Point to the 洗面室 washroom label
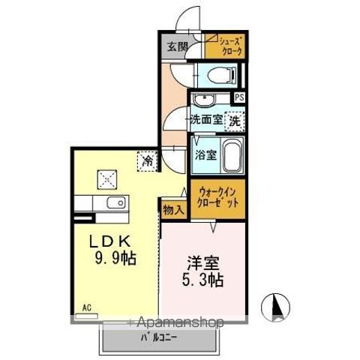pyautogui.click(x=205, y=118)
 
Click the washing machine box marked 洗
pyautogui.click(x=235, y=118)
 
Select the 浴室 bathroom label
pyautogui.click(x=206, y=155)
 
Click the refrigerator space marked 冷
pyautogui.click(x=148, y=160)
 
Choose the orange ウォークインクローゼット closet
pyautogui.click(x=217, y=198)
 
